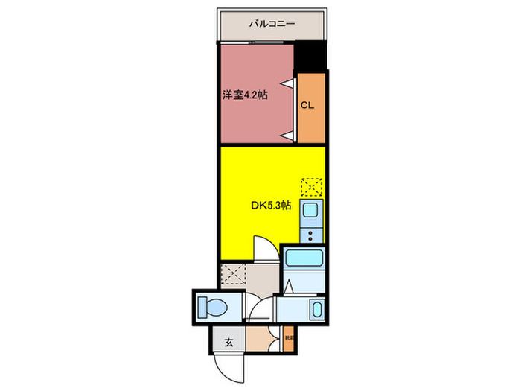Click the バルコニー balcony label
click(272, 25)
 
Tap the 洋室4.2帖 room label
click(244, 95)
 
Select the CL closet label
click(307, 105)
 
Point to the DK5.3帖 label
click(269, 205)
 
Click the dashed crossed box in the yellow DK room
click(312, 186)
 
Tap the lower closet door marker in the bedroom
click(287, 134)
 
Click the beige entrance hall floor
click(260, 340)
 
